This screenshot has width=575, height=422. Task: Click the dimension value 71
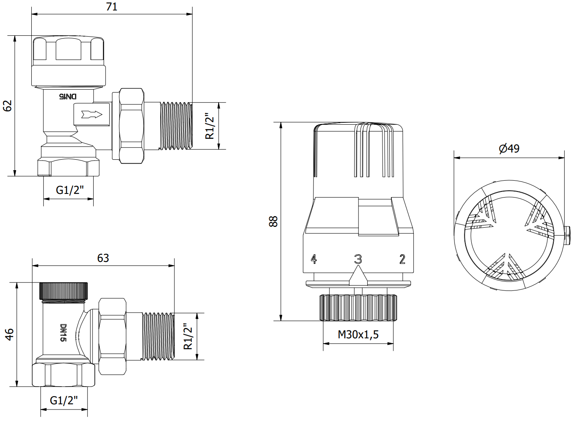(112, 7)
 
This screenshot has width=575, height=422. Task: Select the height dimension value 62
(8, 106)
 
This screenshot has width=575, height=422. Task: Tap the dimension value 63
(103, 258)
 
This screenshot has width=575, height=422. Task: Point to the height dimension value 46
(10, 334)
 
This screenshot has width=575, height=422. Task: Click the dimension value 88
(273, 221)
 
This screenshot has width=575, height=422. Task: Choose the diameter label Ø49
(509, 148)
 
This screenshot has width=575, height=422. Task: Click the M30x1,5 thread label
(358, 334)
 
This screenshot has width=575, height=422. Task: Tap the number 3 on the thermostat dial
(358, 259)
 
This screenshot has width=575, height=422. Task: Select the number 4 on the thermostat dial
(313, 259)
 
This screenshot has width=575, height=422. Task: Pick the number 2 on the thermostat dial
(402, 259)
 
